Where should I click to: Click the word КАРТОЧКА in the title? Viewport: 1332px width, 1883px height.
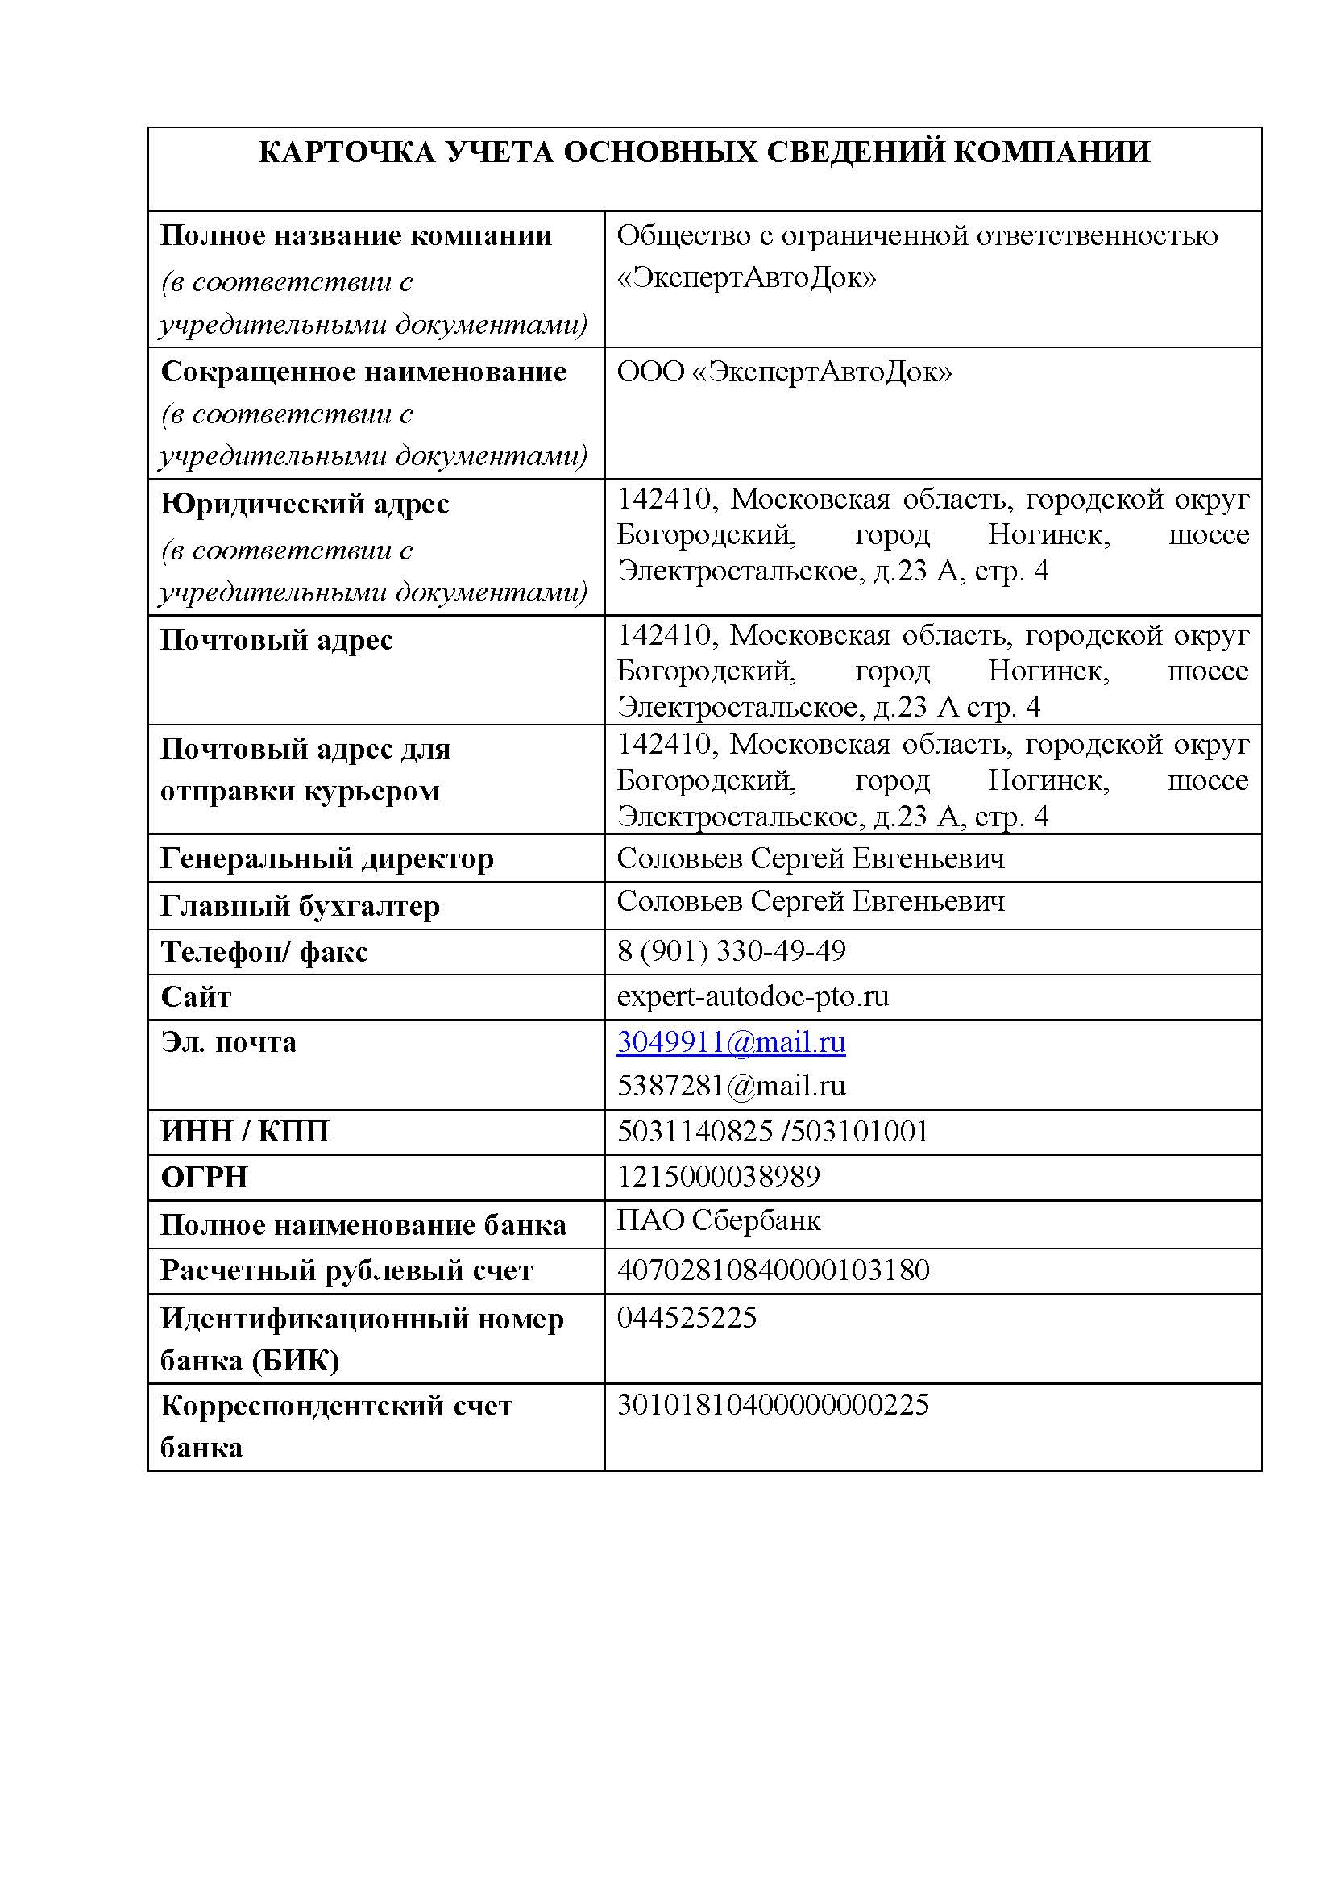(346, 152)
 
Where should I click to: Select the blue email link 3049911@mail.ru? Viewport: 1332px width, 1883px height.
(731, 1042)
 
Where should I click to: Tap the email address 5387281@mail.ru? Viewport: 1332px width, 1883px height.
(731, 1086)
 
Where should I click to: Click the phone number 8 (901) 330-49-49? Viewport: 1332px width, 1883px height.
(731, 951)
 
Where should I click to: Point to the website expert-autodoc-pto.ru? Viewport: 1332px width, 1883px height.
(753, 996)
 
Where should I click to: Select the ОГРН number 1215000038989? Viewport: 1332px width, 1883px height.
(718, 1176)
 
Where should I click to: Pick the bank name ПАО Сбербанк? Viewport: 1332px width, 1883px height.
(718, 1220)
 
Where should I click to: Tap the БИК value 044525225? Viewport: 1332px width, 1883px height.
(687, 1317)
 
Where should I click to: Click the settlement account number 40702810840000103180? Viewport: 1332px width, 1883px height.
(773, 1270)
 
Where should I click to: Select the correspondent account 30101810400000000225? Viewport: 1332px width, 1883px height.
(773, 1404)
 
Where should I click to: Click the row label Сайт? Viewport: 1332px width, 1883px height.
(196, 997)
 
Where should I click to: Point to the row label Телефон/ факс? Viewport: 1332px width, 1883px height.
(264, 952)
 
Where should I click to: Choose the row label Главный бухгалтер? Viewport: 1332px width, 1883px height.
(301, 906)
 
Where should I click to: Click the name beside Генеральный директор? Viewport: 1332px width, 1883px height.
(811, 858)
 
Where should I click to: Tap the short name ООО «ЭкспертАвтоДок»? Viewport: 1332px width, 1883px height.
(784, 372)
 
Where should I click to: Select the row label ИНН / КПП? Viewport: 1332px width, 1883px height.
(244, 1132)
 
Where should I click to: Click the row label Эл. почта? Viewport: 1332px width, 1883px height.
(228, 1043)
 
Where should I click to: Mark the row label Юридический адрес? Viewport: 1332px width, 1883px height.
(305, 504)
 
